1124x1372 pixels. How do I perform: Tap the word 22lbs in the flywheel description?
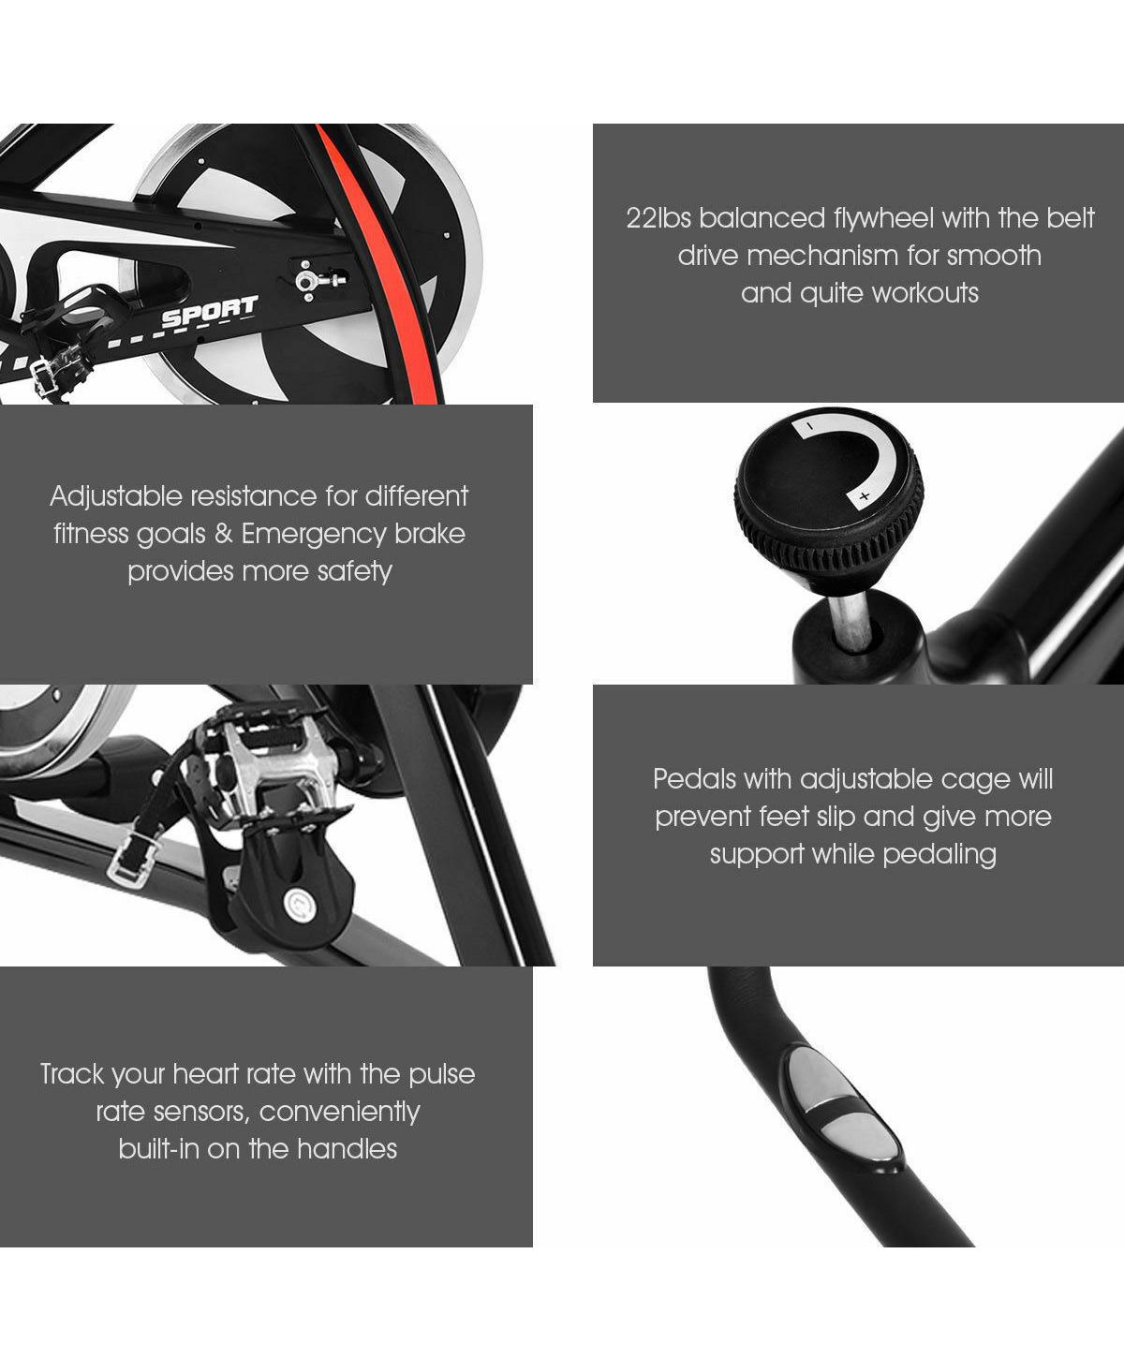(658, 218)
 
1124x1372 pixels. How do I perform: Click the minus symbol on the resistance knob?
(809, 427)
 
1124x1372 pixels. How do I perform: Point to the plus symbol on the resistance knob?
(865, 496)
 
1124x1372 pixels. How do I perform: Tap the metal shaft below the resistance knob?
(850, 619)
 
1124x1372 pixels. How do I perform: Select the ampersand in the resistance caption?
(223, 534)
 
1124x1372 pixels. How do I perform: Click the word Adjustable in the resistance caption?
(116, 497)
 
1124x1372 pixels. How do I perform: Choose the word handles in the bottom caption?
(347, 1149)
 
